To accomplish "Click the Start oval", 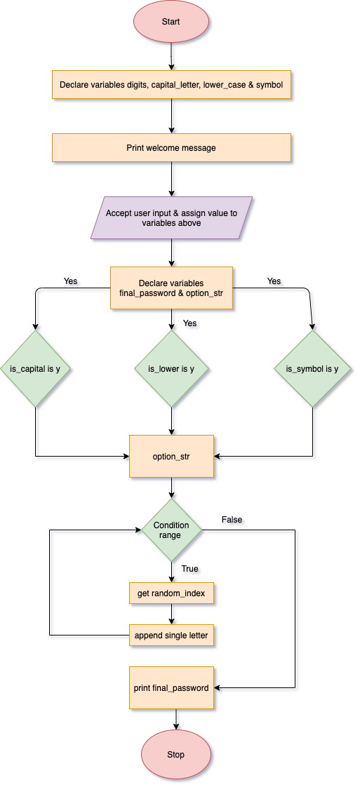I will pos(171,22).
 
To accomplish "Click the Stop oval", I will pos(175,754).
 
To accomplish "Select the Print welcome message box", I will pos(171,148).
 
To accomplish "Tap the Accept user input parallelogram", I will pos(172,218).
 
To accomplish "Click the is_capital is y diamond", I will pos(37,368).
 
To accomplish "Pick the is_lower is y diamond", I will pos(171,368).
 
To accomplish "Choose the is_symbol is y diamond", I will pos(312,368).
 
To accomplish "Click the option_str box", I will pos(171,457).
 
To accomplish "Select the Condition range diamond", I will pos(171,530).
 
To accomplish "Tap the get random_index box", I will pos(171,594).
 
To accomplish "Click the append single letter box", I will pos(171,635).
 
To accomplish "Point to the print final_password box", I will pos(171,687).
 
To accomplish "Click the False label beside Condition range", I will pos(233,520).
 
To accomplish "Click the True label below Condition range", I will pos(190,570).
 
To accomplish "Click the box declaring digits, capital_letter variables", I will pos(171,85).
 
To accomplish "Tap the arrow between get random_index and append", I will pos(172,614).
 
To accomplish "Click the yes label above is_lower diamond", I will pos(190,324).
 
